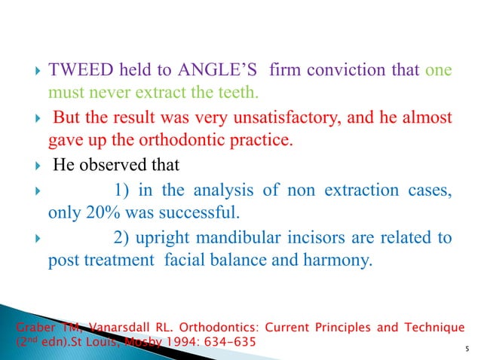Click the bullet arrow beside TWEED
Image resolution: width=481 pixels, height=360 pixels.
coord(26,72)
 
